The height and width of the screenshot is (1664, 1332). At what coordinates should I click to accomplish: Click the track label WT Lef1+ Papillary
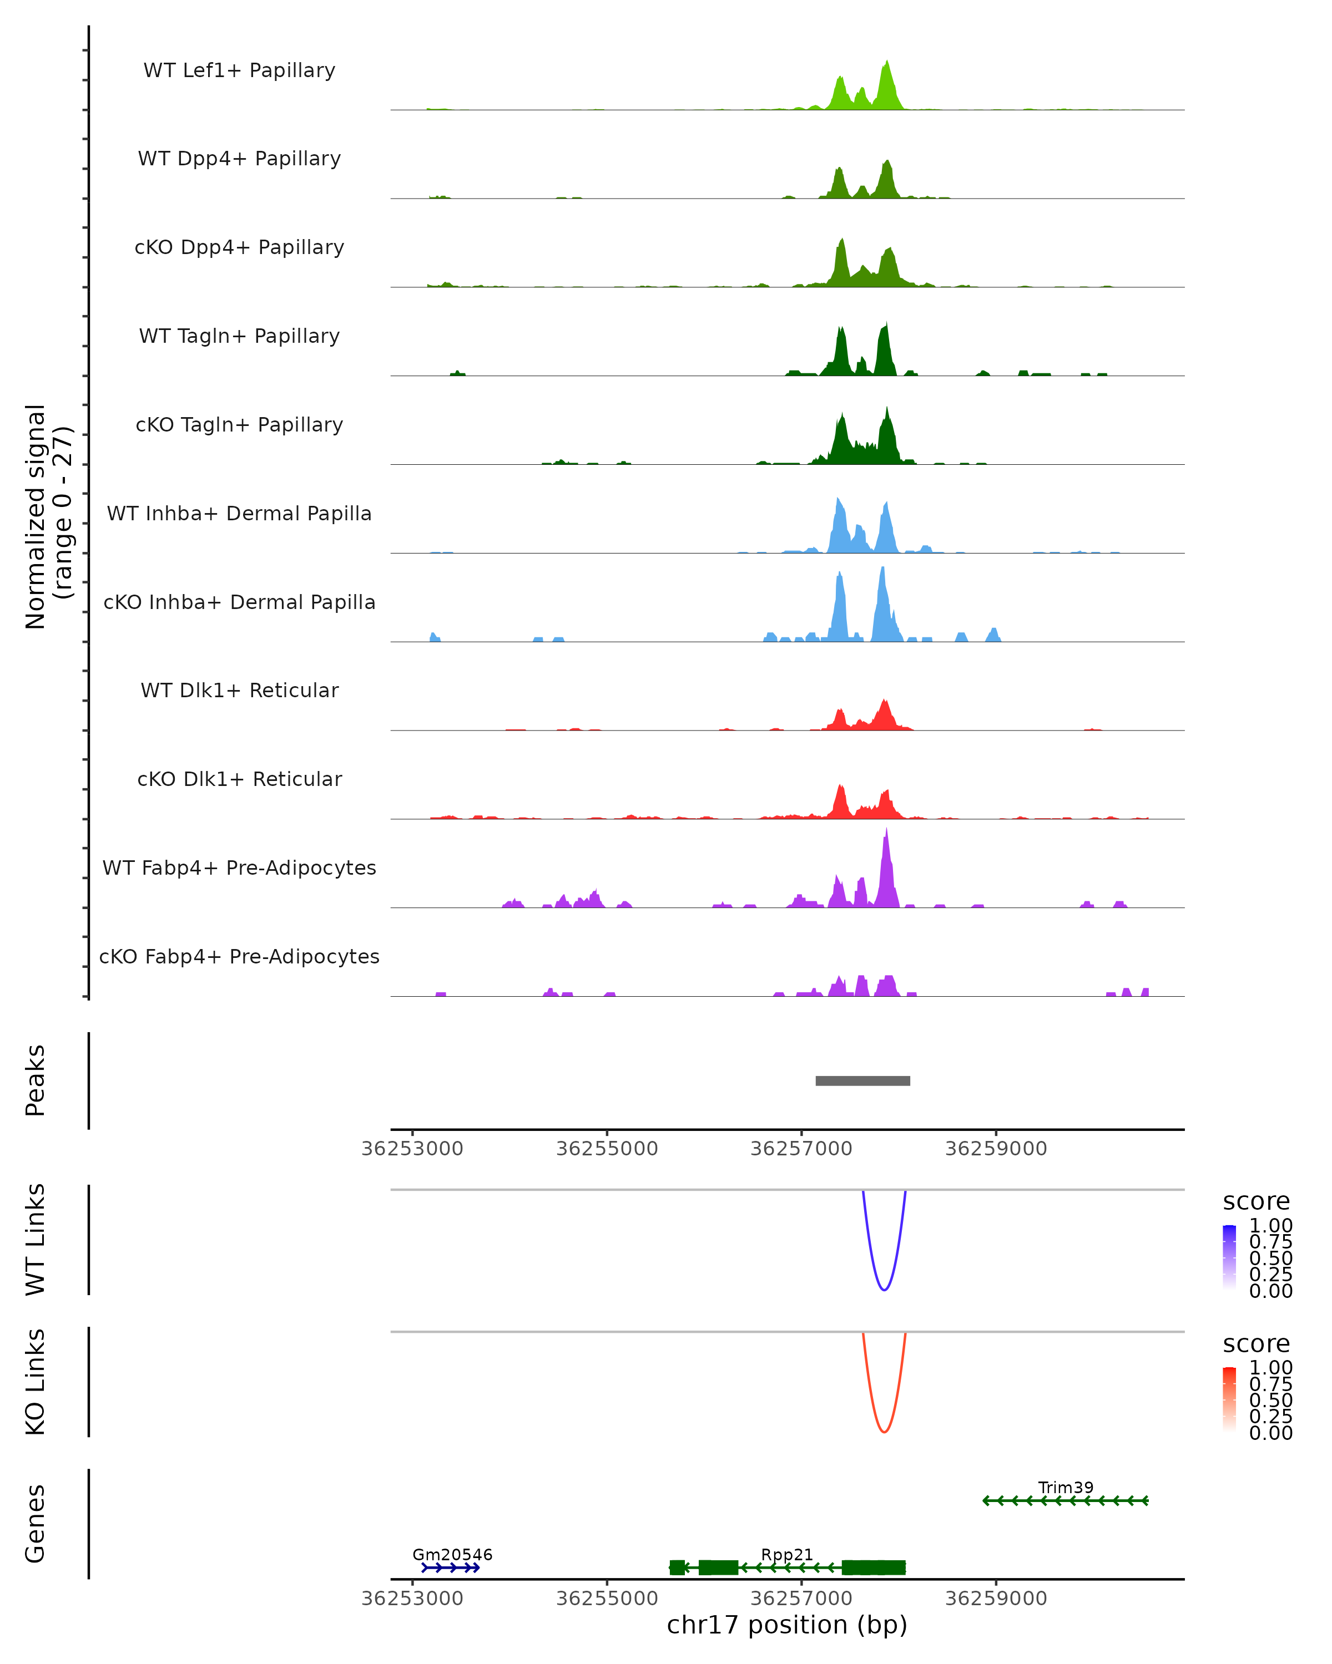click(239, 70)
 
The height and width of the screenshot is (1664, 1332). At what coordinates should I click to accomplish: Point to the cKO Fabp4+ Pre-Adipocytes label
click(239, 956)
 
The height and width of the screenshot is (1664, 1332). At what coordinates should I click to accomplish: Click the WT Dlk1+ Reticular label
click(239, 690)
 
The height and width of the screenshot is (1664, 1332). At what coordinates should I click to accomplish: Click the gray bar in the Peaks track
click(862, 1080)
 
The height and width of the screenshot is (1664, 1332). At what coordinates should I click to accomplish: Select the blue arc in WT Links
click(884, 1289)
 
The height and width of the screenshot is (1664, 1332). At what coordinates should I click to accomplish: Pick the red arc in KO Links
click(884, 1431)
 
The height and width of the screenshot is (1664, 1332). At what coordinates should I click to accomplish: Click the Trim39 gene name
click(1066, 1487)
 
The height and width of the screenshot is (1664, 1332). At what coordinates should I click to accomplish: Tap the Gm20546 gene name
click(452, 1554)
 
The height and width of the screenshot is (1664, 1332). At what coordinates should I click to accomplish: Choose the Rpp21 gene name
click(787, 1554)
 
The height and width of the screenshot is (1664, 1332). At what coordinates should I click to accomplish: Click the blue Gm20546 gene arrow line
click(450, 1567)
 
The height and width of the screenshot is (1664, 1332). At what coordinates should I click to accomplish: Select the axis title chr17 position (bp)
click(787, 1625)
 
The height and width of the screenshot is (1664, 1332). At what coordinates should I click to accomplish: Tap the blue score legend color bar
click(1229, 1257)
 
